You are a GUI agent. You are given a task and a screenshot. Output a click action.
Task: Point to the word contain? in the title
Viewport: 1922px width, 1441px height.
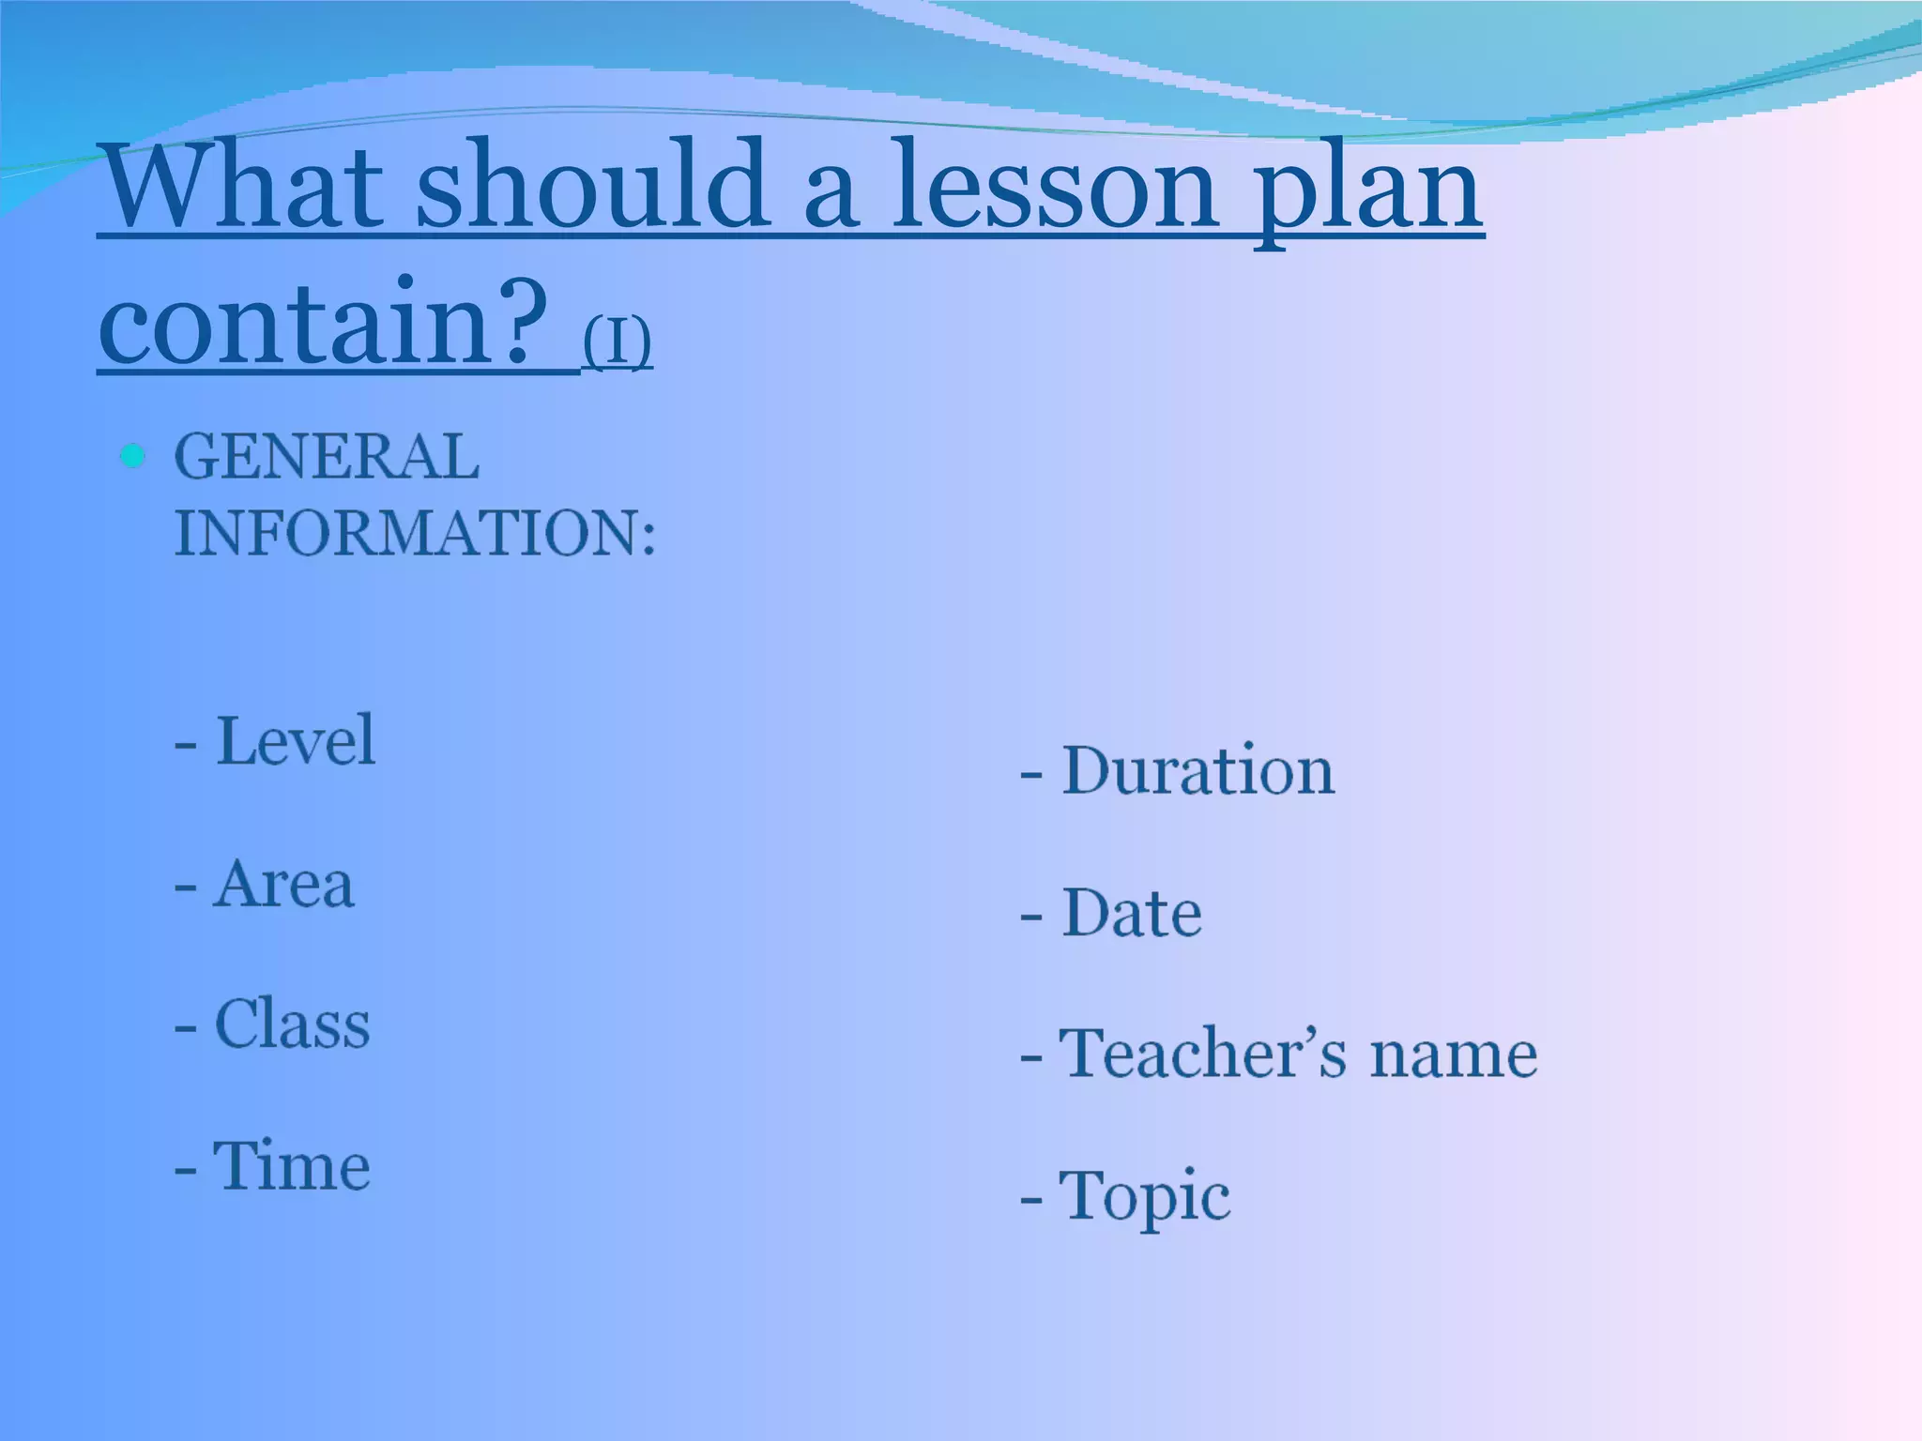(324, 324)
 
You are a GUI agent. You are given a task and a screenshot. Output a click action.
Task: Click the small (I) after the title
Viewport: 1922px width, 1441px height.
(617, 341)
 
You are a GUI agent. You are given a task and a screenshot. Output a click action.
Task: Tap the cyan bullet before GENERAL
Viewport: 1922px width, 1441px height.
(133, 457)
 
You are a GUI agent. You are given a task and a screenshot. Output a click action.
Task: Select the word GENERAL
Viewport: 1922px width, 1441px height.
(327, 458)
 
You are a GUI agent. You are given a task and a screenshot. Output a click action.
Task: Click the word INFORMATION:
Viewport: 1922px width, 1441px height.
(415, 534)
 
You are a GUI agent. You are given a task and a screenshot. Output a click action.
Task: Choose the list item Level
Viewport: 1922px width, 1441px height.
(295, 741)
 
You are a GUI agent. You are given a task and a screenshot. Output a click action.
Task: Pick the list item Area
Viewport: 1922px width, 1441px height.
(283, 884)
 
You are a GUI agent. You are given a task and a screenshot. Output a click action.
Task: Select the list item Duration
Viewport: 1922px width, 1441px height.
(1197, 771)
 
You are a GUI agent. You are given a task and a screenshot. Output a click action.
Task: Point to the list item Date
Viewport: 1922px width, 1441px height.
(1131, 913)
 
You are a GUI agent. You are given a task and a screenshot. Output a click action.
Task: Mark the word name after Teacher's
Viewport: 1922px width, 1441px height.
(1453, 1054)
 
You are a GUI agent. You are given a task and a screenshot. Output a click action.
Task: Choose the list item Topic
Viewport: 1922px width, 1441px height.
(1144, 1196)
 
